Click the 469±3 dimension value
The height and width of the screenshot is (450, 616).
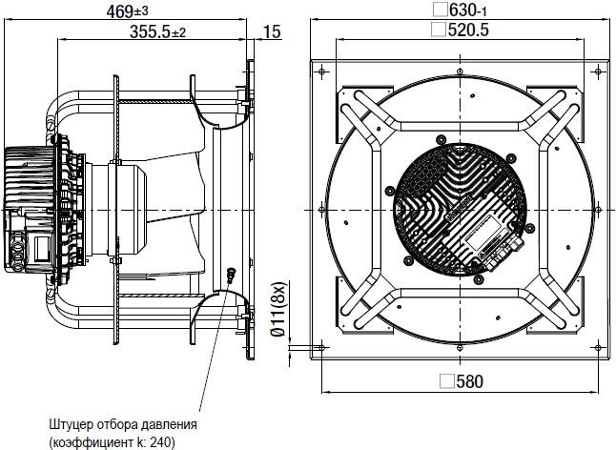[x=127, y=11]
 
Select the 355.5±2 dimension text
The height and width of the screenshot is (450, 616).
[x=157, y=32]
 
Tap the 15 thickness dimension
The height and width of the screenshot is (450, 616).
[x=272, y=32]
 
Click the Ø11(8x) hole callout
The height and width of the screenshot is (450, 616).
[x=278, y=309]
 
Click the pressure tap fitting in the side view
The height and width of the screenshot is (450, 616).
[x=232, y=274]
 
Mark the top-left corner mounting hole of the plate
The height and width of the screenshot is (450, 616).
[x=321, y=72]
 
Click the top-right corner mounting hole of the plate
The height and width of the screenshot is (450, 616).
[x=598, y=72]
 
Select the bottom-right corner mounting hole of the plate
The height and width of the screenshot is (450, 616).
[x=598, y=348]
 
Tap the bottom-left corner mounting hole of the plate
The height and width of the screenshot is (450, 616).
[x=321, y=348]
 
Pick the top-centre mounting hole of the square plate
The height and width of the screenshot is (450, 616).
[x=460, y=72]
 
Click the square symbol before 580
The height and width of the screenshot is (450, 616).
[x=447, y=381]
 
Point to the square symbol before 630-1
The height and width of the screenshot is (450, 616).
[x=441, y=10]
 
